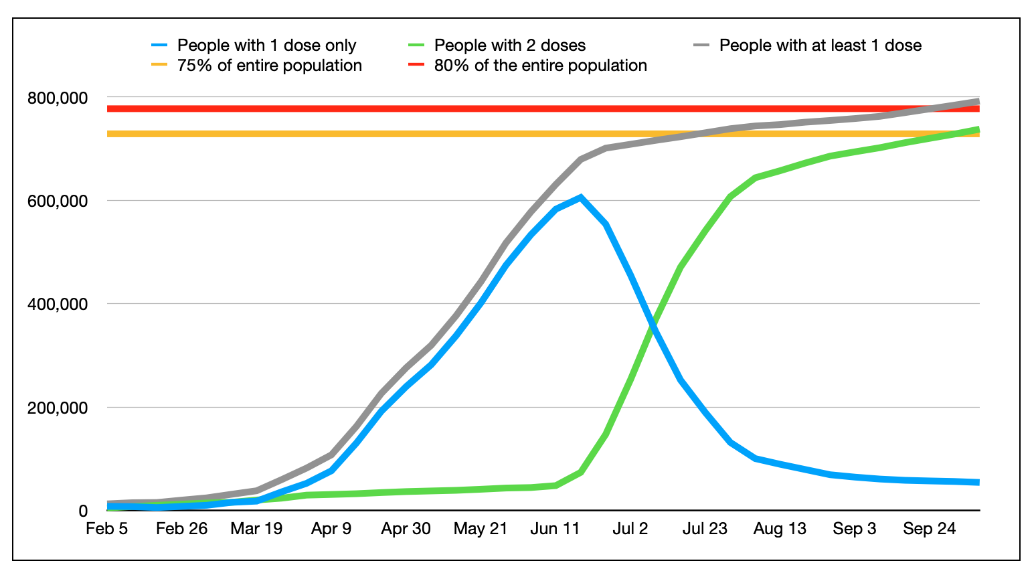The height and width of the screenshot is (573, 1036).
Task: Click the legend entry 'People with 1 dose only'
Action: click(266, 46)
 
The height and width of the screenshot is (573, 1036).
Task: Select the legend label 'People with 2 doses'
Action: click(509, 46)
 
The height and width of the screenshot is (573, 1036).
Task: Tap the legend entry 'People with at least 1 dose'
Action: click(820, 46)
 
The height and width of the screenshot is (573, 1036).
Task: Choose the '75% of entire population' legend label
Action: click(269, 66)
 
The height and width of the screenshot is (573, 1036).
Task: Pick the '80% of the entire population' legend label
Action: click(540, 66)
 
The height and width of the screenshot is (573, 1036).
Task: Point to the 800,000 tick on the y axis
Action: click(57, 98)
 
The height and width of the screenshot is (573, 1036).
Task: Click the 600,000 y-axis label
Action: click(57, 201)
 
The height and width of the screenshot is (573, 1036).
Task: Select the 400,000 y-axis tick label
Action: click(57, 304)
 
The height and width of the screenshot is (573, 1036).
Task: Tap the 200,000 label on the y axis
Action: click(57, 407)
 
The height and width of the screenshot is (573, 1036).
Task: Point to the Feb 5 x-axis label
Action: click(107, 529)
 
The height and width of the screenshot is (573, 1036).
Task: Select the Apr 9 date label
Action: click(331, 529)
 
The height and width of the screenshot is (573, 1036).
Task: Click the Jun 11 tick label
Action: click(555, 529)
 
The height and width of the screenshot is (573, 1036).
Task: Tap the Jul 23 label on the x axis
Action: click(705, 529)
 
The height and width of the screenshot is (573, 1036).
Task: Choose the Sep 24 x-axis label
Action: click(929, 529)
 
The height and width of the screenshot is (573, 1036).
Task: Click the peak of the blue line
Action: click(580, 197)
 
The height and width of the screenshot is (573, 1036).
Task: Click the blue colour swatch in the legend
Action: click(159, 46)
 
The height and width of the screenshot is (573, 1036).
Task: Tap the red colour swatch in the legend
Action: click(416, 66)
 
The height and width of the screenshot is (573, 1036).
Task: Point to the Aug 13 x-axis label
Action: click(780, 529)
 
